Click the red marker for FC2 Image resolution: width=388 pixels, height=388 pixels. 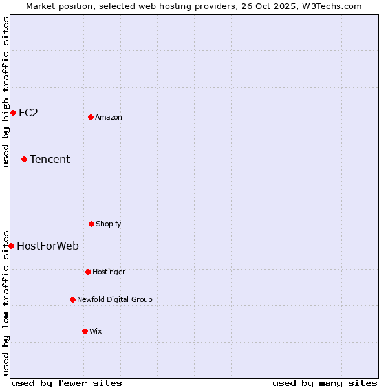13,113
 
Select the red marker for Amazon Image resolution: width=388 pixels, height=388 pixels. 91,117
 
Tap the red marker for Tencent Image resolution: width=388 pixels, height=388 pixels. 24,159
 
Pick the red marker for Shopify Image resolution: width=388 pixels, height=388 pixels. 91,224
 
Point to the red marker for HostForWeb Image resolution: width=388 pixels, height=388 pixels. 11,246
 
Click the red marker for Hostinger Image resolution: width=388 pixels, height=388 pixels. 88,272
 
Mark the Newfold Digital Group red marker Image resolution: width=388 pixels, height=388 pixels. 72,299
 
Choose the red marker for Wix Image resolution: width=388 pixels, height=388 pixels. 85,331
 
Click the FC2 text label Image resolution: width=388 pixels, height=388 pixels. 28,113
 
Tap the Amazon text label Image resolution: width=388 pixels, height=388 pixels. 109,117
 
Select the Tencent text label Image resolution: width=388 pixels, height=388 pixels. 50,159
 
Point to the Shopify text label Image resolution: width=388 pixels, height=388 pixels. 109,224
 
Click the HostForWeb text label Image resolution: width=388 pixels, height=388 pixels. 48,246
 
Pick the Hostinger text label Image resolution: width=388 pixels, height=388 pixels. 109,272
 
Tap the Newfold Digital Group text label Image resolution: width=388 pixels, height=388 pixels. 114,299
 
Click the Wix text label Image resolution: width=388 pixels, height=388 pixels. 96,331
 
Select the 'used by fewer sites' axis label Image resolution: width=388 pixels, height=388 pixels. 67,383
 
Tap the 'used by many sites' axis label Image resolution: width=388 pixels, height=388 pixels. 325,383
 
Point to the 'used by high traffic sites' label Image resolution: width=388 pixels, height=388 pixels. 6,92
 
